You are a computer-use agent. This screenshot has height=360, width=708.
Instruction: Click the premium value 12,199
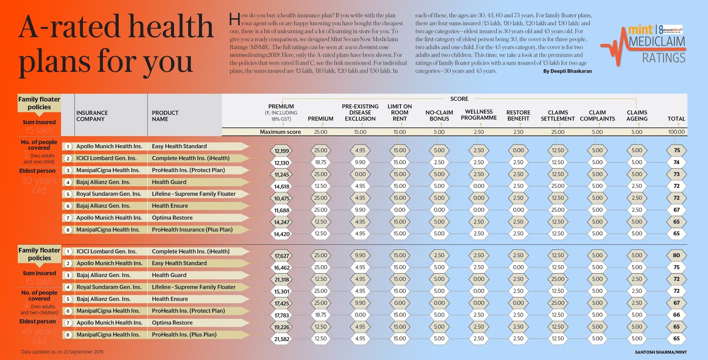coord(281,151)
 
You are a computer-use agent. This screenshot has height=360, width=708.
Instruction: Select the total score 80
coord(676,255)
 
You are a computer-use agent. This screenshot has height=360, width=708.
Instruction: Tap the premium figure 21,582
coord(281,339)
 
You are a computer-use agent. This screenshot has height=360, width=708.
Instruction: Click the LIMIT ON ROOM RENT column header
coord(400,112)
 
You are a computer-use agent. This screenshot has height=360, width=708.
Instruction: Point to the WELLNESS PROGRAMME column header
coord(479,115)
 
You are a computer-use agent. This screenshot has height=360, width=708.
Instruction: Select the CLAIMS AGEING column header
coord(637,116)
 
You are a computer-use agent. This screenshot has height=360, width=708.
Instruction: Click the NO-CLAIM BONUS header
coord(439,116)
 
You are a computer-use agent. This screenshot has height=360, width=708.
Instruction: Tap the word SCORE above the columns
coord(459,99)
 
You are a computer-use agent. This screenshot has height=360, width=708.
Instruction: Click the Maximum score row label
coord(280,132)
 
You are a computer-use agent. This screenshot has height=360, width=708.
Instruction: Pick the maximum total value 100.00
coord(676,132)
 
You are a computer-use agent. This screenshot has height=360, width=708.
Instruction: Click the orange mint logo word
coord(640,30)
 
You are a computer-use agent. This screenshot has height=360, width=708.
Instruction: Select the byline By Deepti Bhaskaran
coord(567,71)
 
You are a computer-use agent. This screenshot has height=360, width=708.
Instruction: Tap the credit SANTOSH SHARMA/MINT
coord(661,352)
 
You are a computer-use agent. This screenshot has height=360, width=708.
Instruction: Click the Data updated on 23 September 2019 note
coord(62,352)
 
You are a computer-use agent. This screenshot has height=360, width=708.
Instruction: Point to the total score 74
coord(676,162)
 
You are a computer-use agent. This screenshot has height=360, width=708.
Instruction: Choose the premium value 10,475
coord(281,198)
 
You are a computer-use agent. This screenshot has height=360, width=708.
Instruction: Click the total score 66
coord(676,315)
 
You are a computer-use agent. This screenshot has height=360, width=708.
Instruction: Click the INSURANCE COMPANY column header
coord(92,116)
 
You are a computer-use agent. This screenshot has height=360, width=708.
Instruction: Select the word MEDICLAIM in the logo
coord(657,42)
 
